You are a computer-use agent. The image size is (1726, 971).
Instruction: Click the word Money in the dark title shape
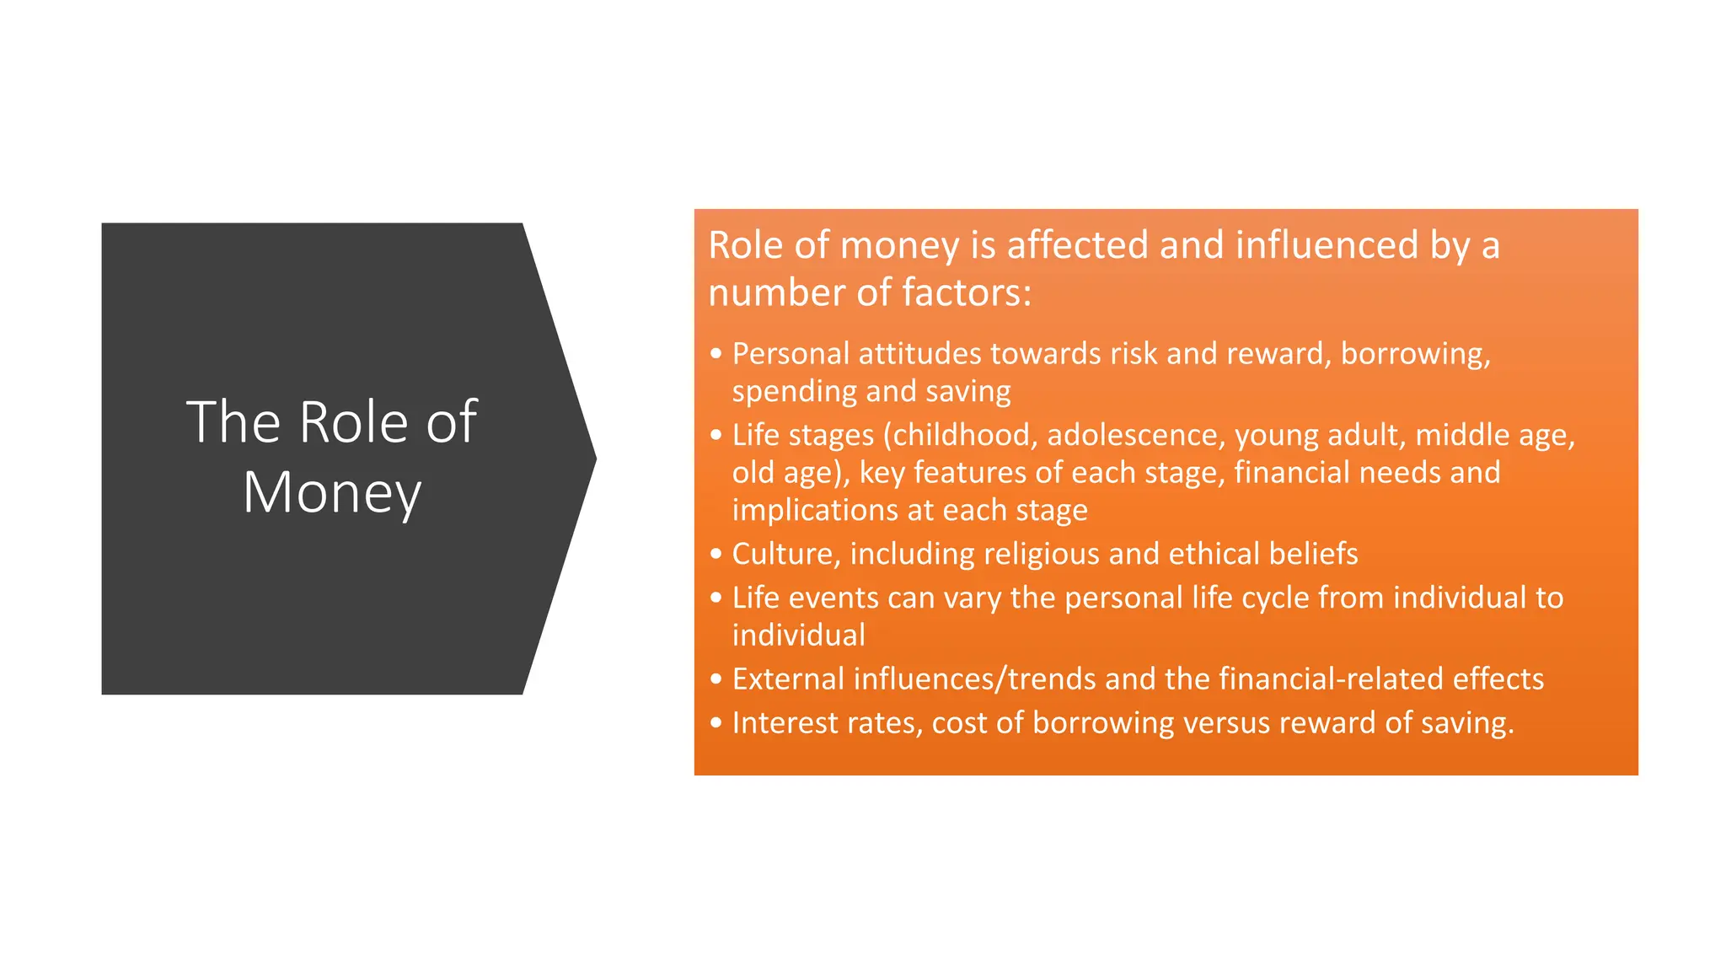tap(331, 492)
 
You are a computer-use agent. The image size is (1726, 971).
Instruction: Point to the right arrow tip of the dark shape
tap(594, 459)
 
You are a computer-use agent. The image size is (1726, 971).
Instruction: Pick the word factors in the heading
tap(966, 292)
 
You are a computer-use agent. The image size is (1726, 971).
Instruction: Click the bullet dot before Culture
tap(716, 554)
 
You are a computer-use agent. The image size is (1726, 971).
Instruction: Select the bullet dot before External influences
tap(716, 679)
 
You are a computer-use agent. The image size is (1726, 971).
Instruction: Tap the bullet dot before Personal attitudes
tap(716, 354)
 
